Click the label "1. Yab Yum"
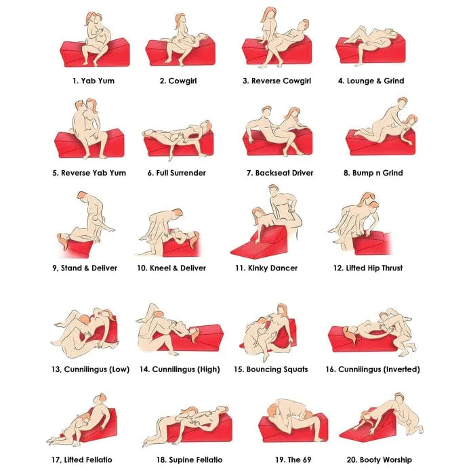(x=94, y=81)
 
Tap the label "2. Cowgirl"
(x=178, y=81)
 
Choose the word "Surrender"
(x=188, y=173)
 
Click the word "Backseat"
(x=270, y=173)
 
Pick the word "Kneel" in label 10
(x=160, y=268)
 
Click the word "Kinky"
(x=257, y=268)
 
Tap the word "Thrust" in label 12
(x=390, y=268)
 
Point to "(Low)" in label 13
(x=119, y=369)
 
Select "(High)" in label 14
(x=207, y=369)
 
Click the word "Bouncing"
(x=262, y=369)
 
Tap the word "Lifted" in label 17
(x=74, y=460)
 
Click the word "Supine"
(x=180, y=460)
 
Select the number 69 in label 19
(x=306, y=460)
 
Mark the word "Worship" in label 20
(x=397, y=460)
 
